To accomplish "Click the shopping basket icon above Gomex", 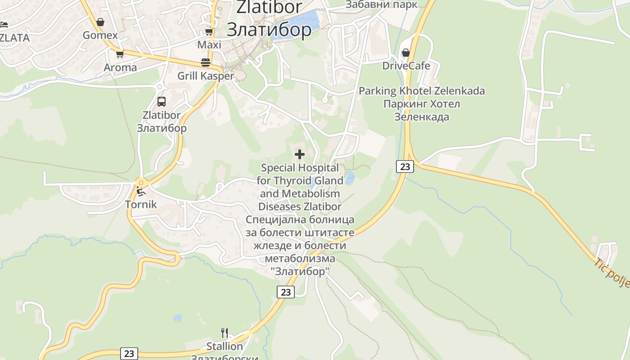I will pos(100,22).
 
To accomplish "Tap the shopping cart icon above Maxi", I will pos(209,31).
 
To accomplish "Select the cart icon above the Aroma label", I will pos(120,54).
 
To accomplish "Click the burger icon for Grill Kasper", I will pos(206,62).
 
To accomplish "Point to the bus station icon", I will pos(162,102).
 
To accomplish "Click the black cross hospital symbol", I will pos(300,155).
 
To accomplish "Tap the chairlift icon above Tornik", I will pos(141,192).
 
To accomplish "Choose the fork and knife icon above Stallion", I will pos(225,333).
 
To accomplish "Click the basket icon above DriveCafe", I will pos(406,53).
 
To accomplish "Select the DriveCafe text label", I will pos(406,66).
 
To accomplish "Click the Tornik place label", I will pos(141,204).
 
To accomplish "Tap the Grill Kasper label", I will pos(206,76).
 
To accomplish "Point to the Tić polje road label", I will pos(612,273).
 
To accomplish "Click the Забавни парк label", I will pos(381,4).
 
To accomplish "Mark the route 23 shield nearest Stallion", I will pos(129,354).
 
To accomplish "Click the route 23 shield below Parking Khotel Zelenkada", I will pos(405,166).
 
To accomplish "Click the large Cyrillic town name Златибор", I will pos(269,30).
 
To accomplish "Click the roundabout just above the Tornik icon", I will pos(141,183).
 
